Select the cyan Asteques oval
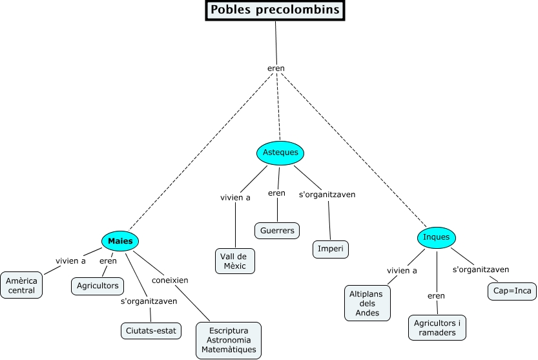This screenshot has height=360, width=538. (x=280, y=153)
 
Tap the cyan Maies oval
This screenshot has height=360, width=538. (x=121, y=241)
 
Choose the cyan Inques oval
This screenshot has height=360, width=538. (x=436, y=237)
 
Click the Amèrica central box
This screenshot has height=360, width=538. (x=22, y=285)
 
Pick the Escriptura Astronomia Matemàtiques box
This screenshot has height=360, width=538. (x=229, y=340)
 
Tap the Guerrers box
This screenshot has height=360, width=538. (x=277, y=230)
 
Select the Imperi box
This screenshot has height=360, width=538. (x=331, y=249)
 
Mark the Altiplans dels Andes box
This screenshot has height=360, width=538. (x=367, y=303)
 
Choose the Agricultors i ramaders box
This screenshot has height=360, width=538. (x=437, y=328)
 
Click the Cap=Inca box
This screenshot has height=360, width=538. (x=512, y=291)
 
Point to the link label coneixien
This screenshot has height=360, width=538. (x=170, y=281)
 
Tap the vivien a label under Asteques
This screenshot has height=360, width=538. (x=235, y=197)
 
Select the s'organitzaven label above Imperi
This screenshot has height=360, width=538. (x=327, y=194)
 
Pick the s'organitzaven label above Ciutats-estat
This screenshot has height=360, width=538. (x=149, y=301)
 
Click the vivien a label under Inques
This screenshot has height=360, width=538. (x=402, y=271)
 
